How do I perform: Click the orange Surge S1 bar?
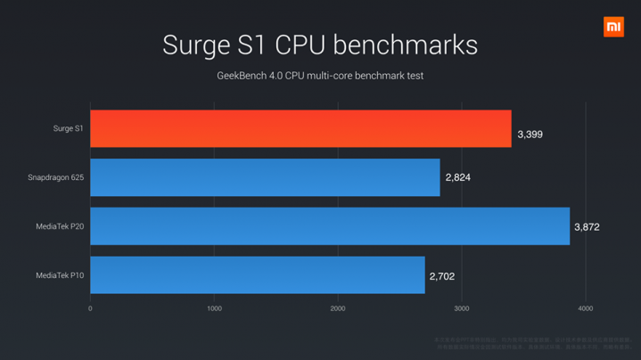tap(300, 129)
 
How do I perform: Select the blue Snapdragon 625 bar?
tap(265, 177)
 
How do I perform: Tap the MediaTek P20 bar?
tap(329, 226)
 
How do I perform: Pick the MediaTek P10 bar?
tap(257, 275)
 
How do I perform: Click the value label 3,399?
tap(530, 135)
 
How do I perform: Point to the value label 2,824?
tap(457, 178)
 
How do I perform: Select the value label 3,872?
tap(587, 227)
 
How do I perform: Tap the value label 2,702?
tap(442, 276)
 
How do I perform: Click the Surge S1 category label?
tap(68, 129)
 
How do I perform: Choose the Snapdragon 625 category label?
tap(56, 178)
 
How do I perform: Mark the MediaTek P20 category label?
tap(60, 227)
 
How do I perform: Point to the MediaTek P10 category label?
tap(60, 276)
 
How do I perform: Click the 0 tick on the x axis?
tap(90, 308)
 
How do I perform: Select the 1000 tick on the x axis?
tap(214, 308)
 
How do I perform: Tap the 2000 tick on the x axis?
tap(338, 308)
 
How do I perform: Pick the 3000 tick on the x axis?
tap(461, 308)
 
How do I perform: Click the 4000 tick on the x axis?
tap(585, 308)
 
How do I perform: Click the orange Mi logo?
tap(613, 27)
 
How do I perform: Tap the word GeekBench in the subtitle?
tap(242, 76)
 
